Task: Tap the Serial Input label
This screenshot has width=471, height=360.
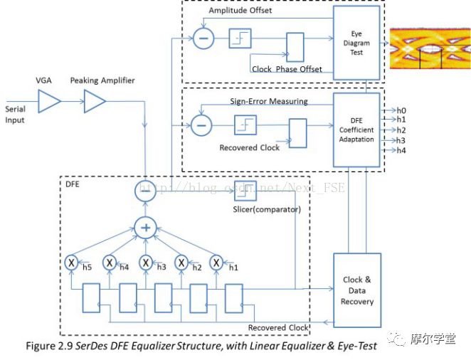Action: pyautogui.click(x=15, y=115)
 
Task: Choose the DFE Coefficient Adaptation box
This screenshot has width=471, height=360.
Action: pyautogui.click(x=356, y=129)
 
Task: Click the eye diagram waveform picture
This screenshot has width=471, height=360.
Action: pyautogui.click(x=430, y=51)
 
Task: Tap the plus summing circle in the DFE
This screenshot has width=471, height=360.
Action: pyautogui.click(x=145, y=228)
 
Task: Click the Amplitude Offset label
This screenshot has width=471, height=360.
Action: pyautogui.click(x=240, y=12)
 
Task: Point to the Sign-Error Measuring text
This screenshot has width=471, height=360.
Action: pyautogui.click(x=269, y=101)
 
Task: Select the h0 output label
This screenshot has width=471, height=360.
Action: pyautogui.click(x=401, y=110)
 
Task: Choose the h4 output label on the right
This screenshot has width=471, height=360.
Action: pyautogui.click(x=401, y=150)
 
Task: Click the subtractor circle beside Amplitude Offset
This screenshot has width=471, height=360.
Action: pyautogui.click(x=203, y=38)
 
